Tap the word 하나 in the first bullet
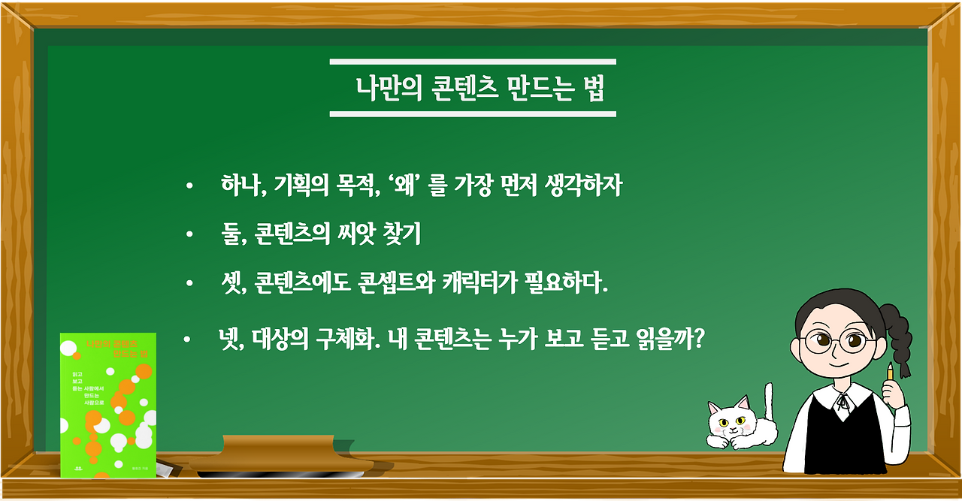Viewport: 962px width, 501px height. (239, 185)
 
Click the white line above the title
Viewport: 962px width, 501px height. (473, 62)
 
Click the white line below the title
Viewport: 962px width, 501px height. (473, 114)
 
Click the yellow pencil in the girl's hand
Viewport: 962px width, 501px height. (891, 371)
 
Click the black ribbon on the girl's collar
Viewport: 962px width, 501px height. (843, 406)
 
